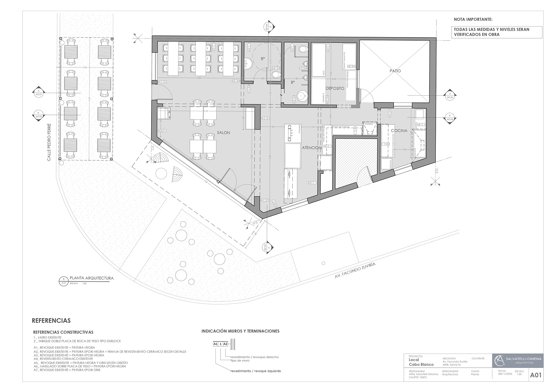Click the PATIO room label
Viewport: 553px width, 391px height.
(x=395, y=71)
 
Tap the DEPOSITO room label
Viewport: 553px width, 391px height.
(x=335, y=88)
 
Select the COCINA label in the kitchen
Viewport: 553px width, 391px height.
(x=399, y=131)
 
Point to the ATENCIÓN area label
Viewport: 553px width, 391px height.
(x=312, y=148)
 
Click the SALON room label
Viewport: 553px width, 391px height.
(x=224, y=133)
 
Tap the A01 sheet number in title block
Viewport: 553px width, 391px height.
(x=536, y=375)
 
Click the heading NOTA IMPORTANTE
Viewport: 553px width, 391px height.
(x=473, y=20)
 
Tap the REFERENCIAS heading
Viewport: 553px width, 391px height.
(x=51, y=321)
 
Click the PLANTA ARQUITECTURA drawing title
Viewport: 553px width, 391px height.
(x=92, y=278)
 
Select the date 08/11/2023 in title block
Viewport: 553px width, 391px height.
(x=505, y=374)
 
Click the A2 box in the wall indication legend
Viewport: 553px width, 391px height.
(x=226, y=344)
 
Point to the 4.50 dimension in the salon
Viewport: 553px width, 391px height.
(x=199, y=78)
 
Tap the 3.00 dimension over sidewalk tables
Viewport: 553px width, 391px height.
(x=85, y=67)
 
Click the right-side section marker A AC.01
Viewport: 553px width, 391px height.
(x=450, y=95)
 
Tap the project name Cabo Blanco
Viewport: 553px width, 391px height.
(x=421, y=365)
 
